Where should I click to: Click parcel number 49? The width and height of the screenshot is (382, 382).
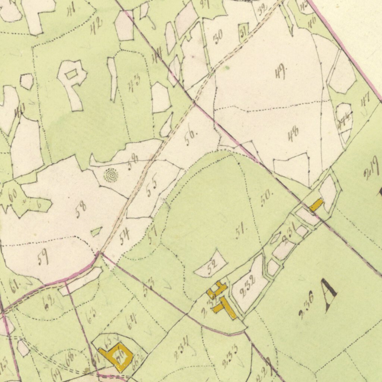coord(280,71)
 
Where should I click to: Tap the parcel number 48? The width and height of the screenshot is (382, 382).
coord(293,134)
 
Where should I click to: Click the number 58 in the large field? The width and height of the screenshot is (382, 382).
coord(81,210)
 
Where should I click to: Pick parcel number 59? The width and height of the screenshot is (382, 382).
coord(43,257)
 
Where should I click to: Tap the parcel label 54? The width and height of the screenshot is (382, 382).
coord(125,236)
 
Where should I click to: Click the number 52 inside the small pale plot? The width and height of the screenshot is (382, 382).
coord(212,267)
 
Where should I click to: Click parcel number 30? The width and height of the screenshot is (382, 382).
coord(218,37)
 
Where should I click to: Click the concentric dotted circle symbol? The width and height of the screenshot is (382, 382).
coord(111,175)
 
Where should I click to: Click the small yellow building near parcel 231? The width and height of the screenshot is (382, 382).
coord(316,205)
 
